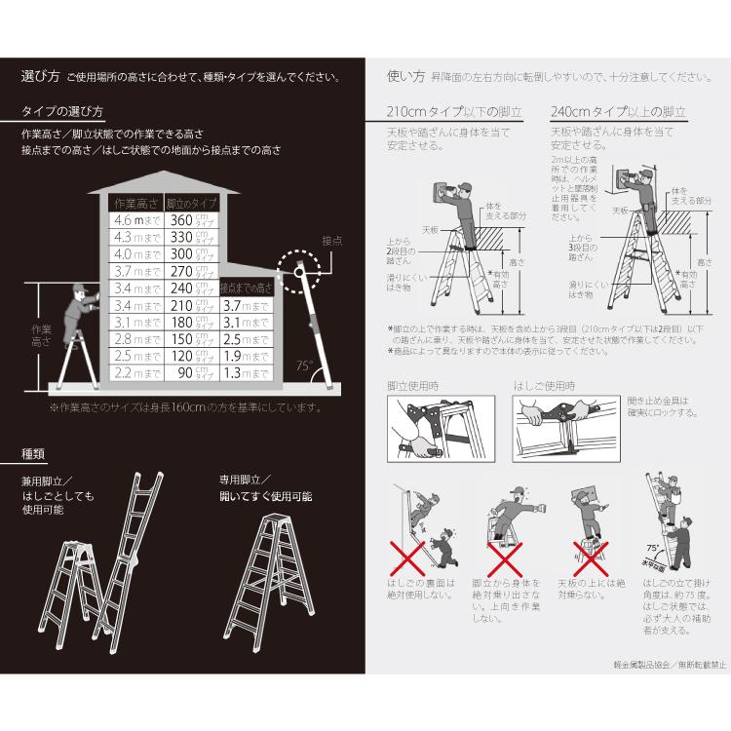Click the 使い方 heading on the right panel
coord(405,76)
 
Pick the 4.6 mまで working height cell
coord(135,221)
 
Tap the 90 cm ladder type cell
coord(188,372)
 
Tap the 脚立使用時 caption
coord(413,386)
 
